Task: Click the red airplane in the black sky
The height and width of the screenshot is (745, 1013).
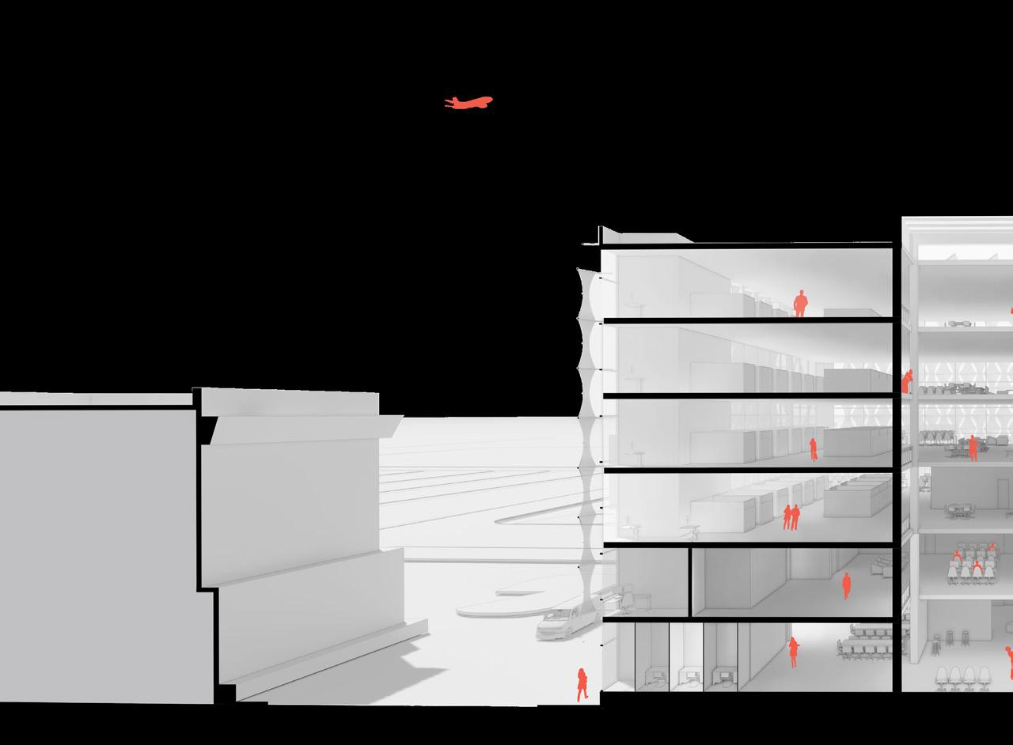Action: point(469,102)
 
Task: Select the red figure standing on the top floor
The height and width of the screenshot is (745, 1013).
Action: point(800,303)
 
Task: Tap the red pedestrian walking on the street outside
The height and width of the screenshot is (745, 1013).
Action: point(582,684)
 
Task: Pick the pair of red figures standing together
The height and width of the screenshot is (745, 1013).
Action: point(791,517)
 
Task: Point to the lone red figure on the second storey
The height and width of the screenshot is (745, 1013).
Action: point(846,585)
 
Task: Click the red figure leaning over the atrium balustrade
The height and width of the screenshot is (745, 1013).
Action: point(907,382)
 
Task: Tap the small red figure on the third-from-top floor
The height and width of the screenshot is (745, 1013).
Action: point(813,449)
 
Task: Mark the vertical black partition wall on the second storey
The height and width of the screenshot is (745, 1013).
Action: point(690,581)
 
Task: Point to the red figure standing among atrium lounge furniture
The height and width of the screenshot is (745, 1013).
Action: point(973,449)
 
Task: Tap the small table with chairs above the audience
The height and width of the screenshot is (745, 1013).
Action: point(960,511)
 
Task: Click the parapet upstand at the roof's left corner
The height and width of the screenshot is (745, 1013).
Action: point(601,235)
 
